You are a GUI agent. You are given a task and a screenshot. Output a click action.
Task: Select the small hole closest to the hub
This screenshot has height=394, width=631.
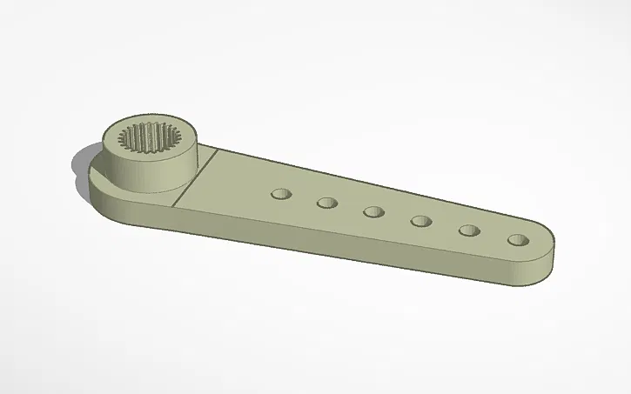tap(280, 193)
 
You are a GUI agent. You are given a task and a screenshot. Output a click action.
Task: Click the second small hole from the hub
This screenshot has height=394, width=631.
tap(327, 203)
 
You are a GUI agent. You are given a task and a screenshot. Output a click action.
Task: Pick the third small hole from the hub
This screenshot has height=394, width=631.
tap(374, 211)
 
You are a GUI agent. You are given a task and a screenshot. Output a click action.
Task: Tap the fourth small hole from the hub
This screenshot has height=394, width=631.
tap(422, 221)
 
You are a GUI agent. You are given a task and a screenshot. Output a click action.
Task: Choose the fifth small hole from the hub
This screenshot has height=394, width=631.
tap(470, 230)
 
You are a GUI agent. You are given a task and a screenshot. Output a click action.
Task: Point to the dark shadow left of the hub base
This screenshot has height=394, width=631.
tap(79, 165)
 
